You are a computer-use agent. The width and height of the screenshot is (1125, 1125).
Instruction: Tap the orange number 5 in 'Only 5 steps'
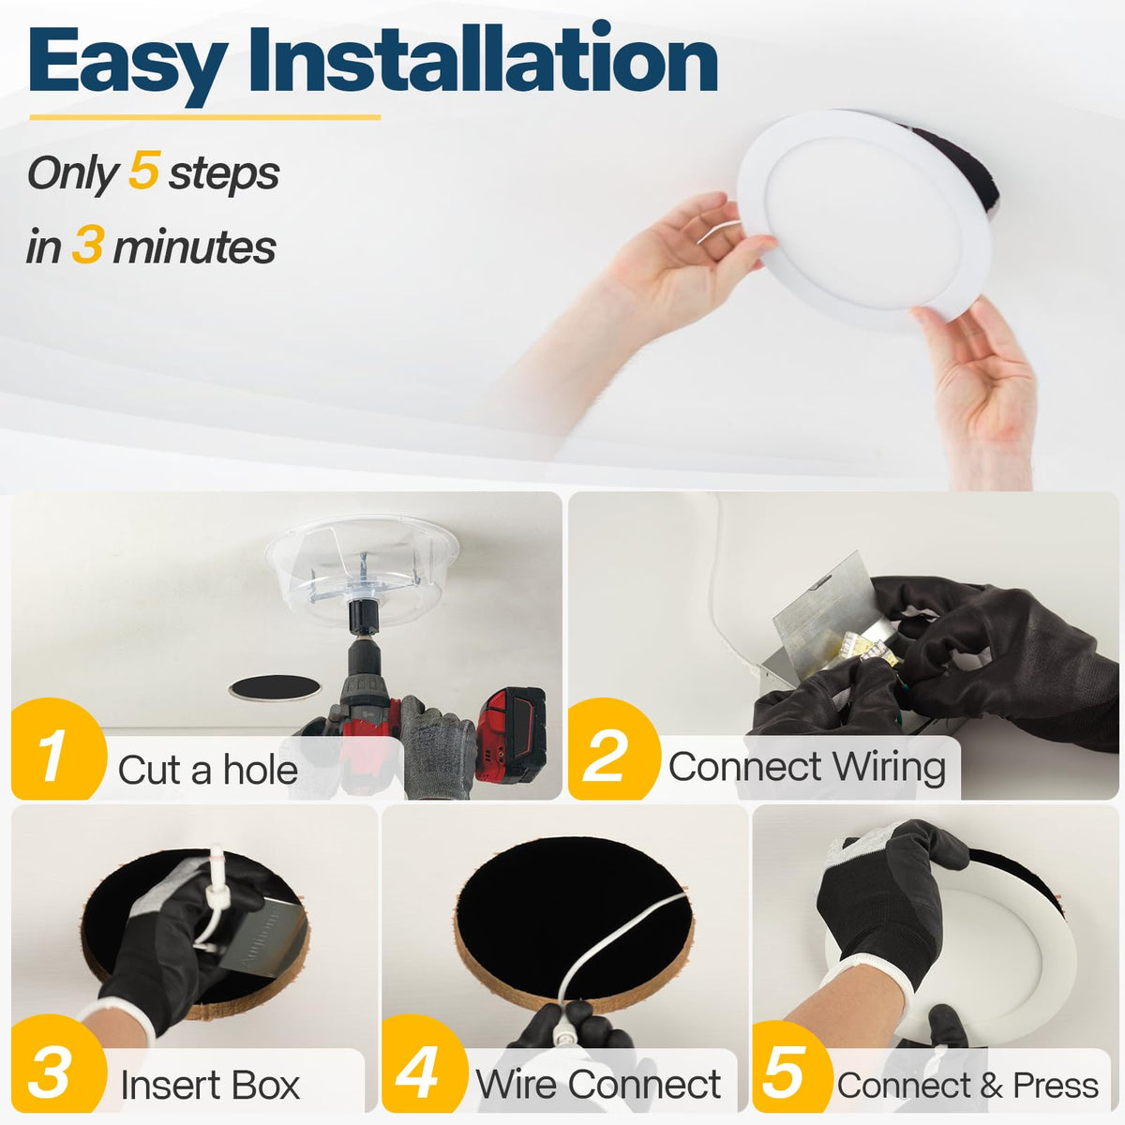pos(143,171)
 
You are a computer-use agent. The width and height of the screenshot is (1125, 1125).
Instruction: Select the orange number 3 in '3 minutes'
pos(88,245)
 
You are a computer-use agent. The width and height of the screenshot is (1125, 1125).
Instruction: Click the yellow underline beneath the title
pos(205,117)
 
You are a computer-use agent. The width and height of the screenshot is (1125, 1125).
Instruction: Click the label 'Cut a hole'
pos(208,770)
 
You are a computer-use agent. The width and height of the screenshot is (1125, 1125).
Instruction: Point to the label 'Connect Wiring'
pos(807,767)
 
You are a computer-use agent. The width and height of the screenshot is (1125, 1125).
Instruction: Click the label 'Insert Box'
pos(210,1085)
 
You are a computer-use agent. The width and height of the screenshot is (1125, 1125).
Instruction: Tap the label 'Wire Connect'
pos(598,1084)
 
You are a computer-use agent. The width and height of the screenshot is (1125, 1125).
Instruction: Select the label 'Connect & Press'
pos(967,1085)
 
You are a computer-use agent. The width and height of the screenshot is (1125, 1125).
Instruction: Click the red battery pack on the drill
pos(511,736)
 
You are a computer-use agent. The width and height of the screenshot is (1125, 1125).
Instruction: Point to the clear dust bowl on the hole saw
pos(362,568)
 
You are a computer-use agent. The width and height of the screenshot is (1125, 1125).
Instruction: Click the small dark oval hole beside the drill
pos(275,688)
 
